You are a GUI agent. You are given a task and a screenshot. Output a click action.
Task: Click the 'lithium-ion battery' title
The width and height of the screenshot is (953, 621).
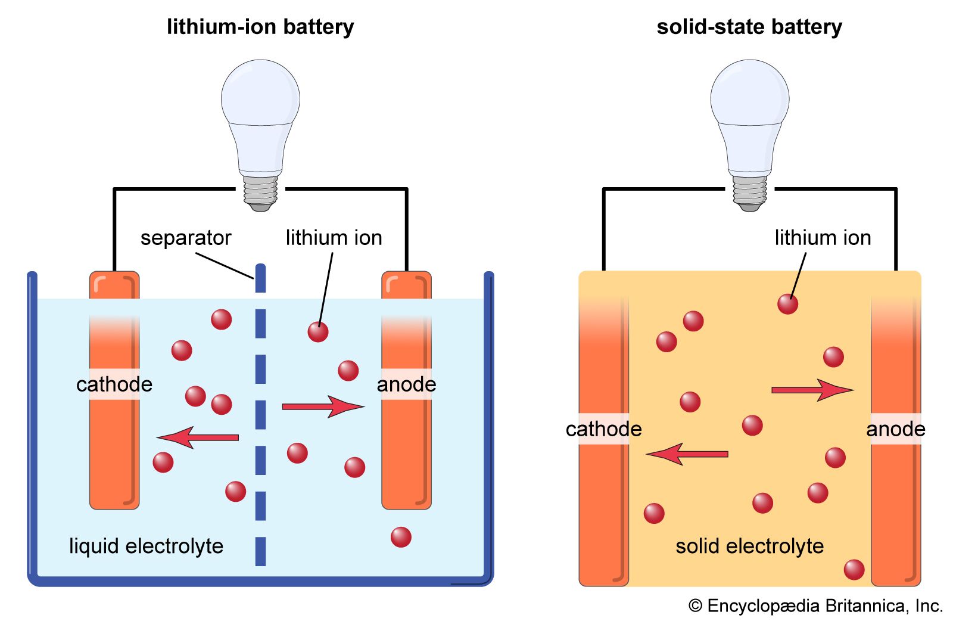(260, 27)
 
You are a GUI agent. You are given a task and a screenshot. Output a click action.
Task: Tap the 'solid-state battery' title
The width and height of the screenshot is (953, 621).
(749, 27)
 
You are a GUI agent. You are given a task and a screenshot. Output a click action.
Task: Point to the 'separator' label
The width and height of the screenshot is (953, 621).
(185, 238)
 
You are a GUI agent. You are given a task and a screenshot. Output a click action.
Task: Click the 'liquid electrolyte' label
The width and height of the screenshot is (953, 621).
(146, 546)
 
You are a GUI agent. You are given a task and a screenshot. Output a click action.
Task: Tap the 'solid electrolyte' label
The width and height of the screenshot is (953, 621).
(749, 546)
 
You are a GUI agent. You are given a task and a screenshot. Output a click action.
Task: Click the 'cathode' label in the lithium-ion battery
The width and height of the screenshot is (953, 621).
(114, 384)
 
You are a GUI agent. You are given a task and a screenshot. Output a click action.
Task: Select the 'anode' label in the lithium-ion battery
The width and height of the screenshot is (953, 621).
(406, 384)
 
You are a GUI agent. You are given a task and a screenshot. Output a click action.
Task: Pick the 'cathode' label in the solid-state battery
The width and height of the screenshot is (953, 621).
(603, 429)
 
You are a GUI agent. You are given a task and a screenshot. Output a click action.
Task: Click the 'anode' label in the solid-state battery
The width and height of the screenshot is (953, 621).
(895, 429)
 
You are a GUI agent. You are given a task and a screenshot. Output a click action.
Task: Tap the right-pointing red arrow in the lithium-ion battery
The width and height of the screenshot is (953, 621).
(322, 406)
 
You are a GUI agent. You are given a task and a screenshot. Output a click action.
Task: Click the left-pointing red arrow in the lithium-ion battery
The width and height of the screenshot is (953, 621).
(198, 437)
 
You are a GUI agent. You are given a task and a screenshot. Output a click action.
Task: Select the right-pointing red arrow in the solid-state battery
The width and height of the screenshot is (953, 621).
(812, 390)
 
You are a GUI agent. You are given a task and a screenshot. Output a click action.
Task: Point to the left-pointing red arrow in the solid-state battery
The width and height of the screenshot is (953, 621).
(687, 454)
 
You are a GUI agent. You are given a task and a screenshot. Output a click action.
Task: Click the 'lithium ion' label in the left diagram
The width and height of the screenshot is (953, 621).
(334, 238)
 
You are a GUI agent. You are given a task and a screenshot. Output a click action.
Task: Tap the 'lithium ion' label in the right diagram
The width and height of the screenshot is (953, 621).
(823, 238)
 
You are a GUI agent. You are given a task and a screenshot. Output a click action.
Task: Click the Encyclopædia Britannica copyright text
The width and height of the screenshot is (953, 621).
(815, 606)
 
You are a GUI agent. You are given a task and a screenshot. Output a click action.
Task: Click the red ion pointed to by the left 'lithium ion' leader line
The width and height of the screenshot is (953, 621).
(318, 332)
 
